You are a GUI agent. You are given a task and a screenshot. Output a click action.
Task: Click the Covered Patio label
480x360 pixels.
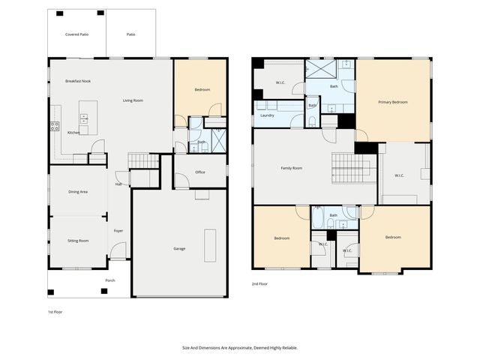[x=76, y=34]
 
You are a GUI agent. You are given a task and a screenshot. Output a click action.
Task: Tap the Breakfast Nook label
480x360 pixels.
[x=78, y=81]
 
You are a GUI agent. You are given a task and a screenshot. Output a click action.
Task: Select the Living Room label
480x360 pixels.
[x=133, y=100]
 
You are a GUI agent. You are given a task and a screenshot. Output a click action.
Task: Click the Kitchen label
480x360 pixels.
[x=73, y=133]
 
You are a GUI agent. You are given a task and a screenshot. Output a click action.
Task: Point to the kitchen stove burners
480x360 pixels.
[x=54, y=127]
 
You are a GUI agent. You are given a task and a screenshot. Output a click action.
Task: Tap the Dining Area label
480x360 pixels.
[x=78, y=192]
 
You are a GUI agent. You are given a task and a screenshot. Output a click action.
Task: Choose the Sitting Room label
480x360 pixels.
[x=78, y=241]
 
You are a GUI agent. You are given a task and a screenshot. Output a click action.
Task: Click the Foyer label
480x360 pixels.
[x=118, y=231]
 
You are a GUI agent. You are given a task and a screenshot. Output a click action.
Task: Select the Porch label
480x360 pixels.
[x=109, y=280]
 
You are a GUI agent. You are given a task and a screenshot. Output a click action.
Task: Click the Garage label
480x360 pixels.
[x=179, y=248]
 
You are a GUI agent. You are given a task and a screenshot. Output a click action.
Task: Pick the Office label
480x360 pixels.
[x=200, y=172]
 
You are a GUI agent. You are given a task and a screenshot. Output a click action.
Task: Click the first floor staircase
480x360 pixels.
[x=142, y=160]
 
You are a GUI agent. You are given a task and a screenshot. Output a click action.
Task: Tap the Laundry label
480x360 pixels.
[x=267, y=115]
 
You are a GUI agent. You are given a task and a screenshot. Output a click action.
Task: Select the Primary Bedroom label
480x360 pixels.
[x=393, y=102]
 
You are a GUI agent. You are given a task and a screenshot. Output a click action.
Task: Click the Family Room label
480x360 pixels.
[x=292, y=168]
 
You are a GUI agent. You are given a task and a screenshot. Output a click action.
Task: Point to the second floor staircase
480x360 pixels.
[x=348, y=167]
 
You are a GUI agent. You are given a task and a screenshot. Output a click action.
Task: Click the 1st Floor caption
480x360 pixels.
[x=55, y=310]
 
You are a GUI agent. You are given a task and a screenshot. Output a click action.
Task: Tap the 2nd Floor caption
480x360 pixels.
[x=259, y=284]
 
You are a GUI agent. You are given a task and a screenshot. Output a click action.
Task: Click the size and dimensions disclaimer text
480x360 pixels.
[x=239, y=347]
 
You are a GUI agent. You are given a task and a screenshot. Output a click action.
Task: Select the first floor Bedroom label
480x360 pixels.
[x=202, y=90]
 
